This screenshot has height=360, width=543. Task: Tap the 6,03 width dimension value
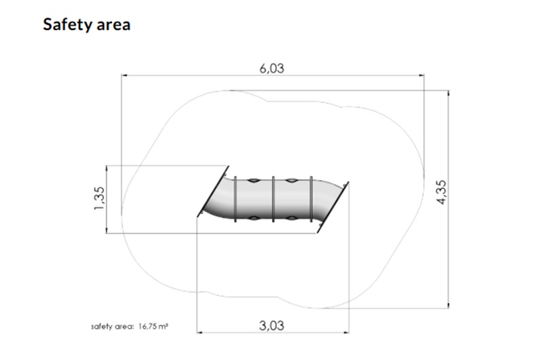pos(272,69)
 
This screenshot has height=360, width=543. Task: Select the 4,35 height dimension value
pos(442,192)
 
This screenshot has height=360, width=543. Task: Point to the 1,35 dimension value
pos(99,198)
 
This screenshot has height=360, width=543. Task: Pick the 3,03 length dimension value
pos(271,325)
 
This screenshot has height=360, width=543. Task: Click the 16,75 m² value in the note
pos(153,327)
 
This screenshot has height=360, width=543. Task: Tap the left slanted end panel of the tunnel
pos(213,192)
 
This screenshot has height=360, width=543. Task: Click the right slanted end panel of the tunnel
pos(333,207)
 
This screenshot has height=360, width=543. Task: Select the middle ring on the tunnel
pos(274,199)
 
